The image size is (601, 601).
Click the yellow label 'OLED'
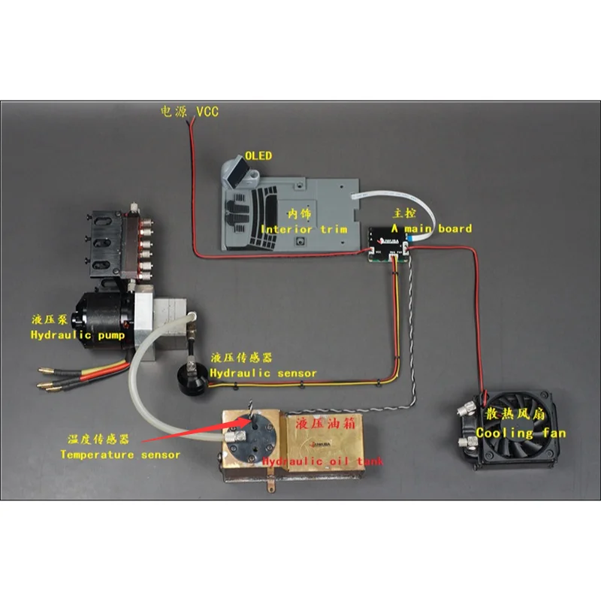pos(258,156)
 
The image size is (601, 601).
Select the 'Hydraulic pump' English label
pos(77,335)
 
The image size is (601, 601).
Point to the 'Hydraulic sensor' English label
pos(263,373)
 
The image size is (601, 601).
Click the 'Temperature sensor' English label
pos(120,455)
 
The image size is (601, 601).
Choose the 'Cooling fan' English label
pos(521,433)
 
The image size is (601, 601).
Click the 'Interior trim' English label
pos(304,228)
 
